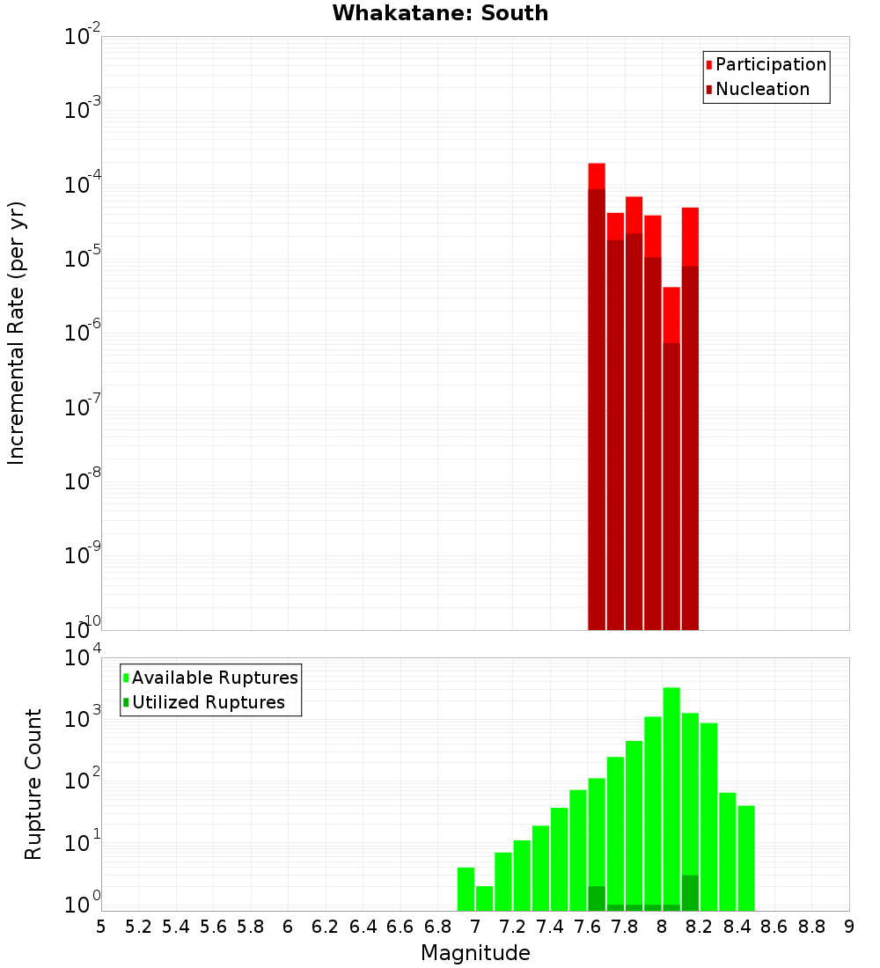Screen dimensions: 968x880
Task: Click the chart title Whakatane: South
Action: coord(440,13)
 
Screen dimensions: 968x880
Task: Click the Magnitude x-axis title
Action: coord(475,953)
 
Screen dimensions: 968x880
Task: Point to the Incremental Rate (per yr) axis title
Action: coord(16,333)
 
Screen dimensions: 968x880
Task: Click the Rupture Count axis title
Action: coord(33,783)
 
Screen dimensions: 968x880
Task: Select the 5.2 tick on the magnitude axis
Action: coord(138,926)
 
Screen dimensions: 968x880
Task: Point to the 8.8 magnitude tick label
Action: coord(811,926)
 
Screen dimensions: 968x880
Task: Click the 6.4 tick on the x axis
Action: coord(363,926)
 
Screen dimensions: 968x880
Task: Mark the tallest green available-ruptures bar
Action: coord(671,792)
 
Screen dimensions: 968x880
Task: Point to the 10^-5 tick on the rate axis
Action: coord(79,259)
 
